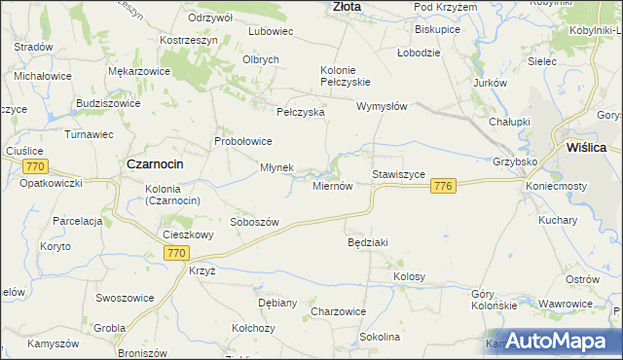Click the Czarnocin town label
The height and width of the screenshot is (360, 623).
pyautogui.click(x=157, y=164)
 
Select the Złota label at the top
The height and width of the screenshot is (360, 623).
pyautogui.click(x=347, y=6)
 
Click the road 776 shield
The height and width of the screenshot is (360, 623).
pyautogui.click(x=444, y=186)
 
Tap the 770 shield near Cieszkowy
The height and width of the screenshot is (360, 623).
pyautogui.click(x=175, y=253)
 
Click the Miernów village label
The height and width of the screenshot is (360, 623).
pyautogui.click(x=332, y=186)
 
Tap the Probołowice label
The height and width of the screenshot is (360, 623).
pyautogui.click(x=243, y=141)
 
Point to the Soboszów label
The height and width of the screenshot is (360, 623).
pyautogui.click(x=254, y=222)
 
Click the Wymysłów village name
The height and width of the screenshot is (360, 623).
pyautogui.click(x=381, y=106)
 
